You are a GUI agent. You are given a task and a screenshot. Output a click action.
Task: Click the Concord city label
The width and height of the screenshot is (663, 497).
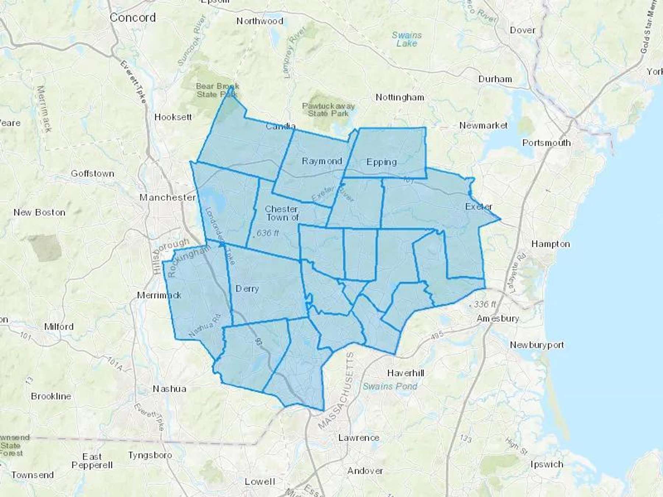click(133, 17)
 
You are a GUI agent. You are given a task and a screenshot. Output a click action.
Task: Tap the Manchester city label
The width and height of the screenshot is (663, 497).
click(168, 198)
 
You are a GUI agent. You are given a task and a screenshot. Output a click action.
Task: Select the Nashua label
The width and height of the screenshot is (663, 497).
click(169, 389)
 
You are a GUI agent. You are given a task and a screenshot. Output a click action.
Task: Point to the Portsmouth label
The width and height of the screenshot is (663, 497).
click(547, 143)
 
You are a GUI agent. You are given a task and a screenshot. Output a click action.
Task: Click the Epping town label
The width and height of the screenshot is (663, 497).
click(382, 162)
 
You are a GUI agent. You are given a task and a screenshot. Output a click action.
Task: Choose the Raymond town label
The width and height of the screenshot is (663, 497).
click(322, 161)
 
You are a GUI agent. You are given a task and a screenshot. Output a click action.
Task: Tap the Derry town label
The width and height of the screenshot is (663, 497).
click(247, 289)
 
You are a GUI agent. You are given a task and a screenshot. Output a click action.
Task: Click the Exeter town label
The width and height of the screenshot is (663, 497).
click(478, 207)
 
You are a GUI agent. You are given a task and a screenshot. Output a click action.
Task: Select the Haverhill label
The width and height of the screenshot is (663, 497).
click(406, 373)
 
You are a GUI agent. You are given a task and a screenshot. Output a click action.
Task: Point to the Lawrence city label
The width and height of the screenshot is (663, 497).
click(359, 438)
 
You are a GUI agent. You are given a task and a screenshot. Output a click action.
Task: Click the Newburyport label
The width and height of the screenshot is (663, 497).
click(537, 345)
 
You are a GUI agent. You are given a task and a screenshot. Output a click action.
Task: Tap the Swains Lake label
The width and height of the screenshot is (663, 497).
click(407, 39)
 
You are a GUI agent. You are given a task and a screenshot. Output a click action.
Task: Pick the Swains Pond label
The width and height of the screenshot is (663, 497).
click(390, 386)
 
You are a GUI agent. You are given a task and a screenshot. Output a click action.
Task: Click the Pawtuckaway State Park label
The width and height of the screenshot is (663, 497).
click(328, 110)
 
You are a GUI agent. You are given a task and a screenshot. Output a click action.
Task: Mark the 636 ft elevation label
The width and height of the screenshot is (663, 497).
click(268, 233)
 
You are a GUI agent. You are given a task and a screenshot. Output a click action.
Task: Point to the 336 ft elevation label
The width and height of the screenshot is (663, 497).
click(485, 304)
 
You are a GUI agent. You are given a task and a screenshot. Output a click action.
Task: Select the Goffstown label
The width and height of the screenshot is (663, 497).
click(92, 173)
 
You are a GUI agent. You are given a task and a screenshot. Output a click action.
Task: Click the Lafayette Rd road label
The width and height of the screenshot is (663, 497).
click(518, 272)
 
